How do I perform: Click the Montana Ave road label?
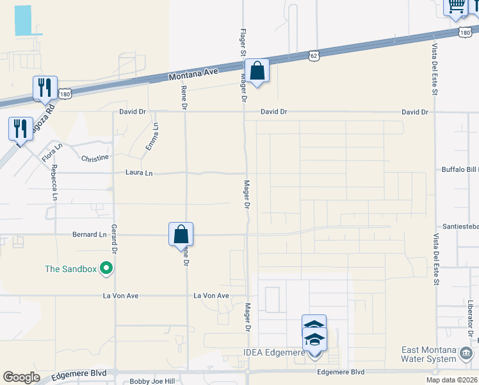point(193,74)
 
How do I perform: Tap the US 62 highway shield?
point(312,56)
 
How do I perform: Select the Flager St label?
point(243,40)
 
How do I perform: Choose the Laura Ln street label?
point(140,173)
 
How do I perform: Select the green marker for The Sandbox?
point(106,269)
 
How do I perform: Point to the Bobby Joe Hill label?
point(152,381)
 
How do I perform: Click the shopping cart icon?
point(457,6)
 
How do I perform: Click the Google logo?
point(21,377)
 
